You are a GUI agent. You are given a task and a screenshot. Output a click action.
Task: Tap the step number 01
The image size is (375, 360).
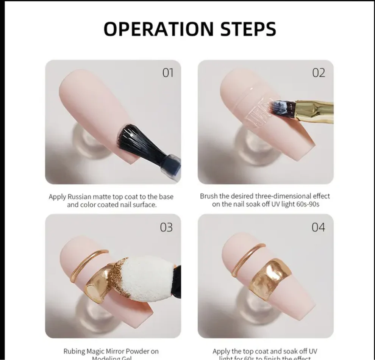click(x=167, y=72)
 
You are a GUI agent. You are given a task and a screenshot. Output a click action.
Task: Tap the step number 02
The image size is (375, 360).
click(x=318, y=72)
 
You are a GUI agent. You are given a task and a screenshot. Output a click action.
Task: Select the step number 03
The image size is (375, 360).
click(x=166, y=227)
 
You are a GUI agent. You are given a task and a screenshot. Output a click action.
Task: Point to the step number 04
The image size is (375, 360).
click(x=318, y=227)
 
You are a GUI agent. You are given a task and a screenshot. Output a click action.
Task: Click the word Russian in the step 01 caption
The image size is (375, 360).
click(x=81, y=197)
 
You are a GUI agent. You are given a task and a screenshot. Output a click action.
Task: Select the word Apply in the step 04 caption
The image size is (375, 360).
click(x=222, y=351)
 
